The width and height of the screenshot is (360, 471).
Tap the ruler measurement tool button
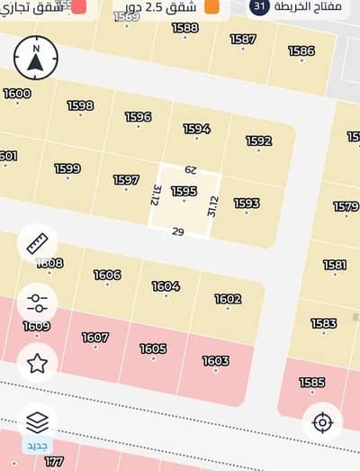(37, 244)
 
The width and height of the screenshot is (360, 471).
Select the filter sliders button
(37, 303)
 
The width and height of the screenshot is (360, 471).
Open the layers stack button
(37, 421)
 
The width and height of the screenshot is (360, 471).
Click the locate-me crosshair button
(322, 421)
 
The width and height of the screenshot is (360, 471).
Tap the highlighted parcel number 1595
(184, 191)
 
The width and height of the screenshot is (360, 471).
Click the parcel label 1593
(247, 204)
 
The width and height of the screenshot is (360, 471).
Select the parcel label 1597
(126, 180)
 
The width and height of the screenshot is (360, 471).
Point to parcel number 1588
(185, 28)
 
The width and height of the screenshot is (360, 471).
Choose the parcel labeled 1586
(301, 51)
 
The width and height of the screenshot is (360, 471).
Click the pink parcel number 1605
(153, 349)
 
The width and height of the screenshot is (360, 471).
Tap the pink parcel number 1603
(215, 361)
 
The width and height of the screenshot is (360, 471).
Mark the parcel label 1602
(228, 299)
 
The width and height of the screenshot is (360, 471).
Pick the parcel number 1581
(335, 265)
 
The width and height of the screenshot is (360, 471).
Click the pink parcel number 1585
(312, 383)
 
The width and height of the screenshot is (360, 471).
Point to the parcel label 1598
(80, 106)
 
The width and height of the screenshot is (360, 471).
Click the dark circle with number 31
(259, 6)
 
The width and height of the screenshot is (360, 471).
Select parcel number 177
(54, 461)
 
